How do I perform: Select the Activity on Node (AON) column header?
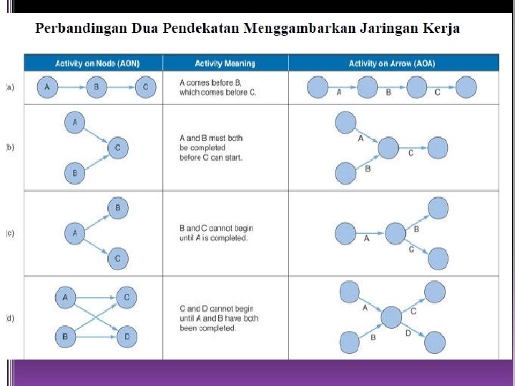click(x=93, y=63)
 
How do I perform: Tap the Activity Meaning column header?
click(x=225, y=63)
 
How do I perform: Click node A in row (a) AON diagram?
click(x=47, y=87)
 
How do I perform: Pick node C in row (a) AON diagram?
click(x=145, y=87)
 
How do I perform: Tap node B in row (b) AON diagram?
click(x=74, y=172)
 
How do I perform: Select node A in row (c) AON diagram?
click(x=74, y=232)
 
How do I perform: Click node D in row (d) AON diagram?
click(x=126, y=336)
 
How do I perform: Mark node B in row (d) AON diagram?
click(x=65, y=336)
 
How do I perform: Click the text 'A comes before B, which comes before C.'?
click(x=217, y=87)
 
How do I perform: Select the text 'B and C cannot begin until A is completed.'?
click(x=216, y=232)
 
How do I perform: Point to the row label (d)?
click(x=10, y=318)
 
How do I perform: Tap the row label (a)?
click(x=10, y=87)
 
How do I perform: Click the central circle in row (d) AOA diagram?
click(x=391, y=317)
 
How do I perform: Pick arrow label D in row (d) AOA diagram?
click(x=408, y=332)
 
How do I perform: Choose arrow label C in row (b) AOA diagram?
click(x=411, y=153)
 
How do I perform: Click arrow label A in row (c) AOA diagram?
click(x=367, y=238)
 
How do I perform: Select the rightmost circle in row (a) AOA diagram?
click(x=466, y=88)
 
